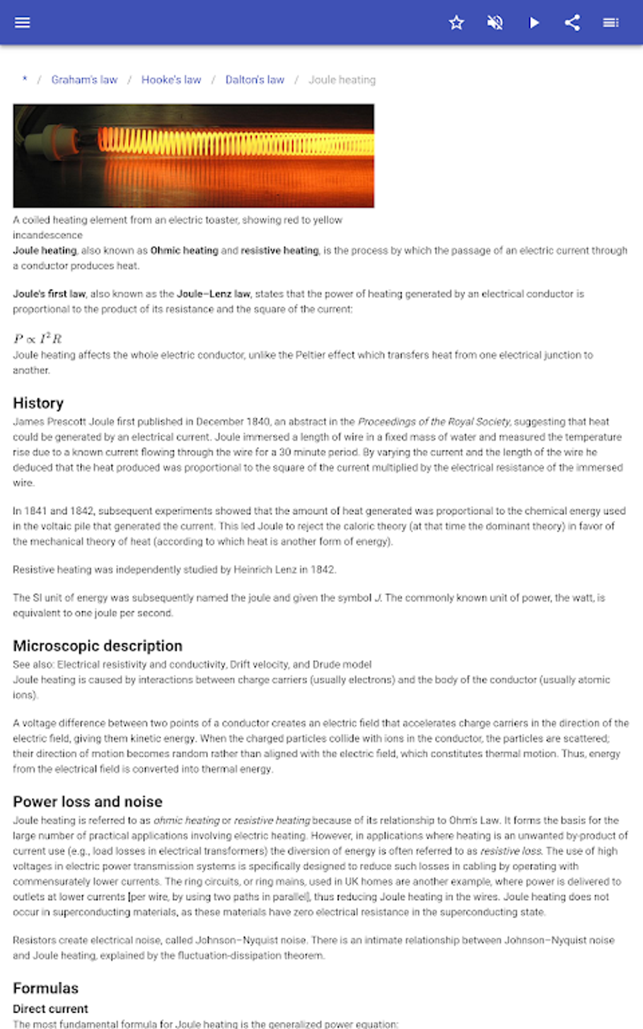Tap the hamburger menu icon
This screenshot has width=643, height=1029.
(x=22, y=23)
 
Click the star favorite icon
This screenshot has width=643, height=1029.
(x=456, y=23)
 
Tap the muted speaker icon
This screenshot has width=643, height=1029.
(x=495, y=23)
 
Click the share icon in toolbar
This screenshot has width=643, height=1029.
(x=572, y=23)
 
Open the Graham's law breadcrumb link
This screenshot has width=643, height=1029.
(x=84, y=80)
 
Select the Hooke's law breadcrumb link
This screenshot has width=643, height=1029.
(x=171, y=80)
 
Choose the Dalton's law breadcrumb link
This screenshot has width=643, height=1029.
(x=255, y=80)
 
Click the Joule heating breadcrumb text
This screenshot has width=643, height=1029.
(x=342, y=80)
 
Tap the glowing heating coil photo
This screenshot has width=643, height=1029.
(x=194, y=156)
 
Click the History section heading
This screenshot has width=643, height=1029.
(x=38, y=403)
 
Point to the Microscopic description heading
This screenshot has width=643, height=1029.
(x=98, y=646)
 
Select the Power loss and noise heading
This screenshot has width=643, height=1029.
(x=88, y=801)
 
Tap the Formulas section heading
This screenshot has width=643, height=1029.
(x=45, y=988)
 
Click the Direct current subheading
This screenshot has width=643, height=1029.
(x=50, y=1009)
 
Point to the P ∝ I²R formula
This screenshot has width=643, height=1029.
(x=38, y=339)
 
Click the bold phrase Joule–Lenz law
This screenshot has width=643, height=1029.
(x=213, y=294)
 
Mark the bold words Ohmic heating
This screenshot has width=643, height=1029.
(x=184, y=250)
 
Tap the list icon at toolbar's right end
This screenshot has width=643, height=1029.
(x=610, y=23)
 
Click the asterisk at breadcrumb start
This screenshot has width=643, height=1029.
(x=25, y=79)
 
